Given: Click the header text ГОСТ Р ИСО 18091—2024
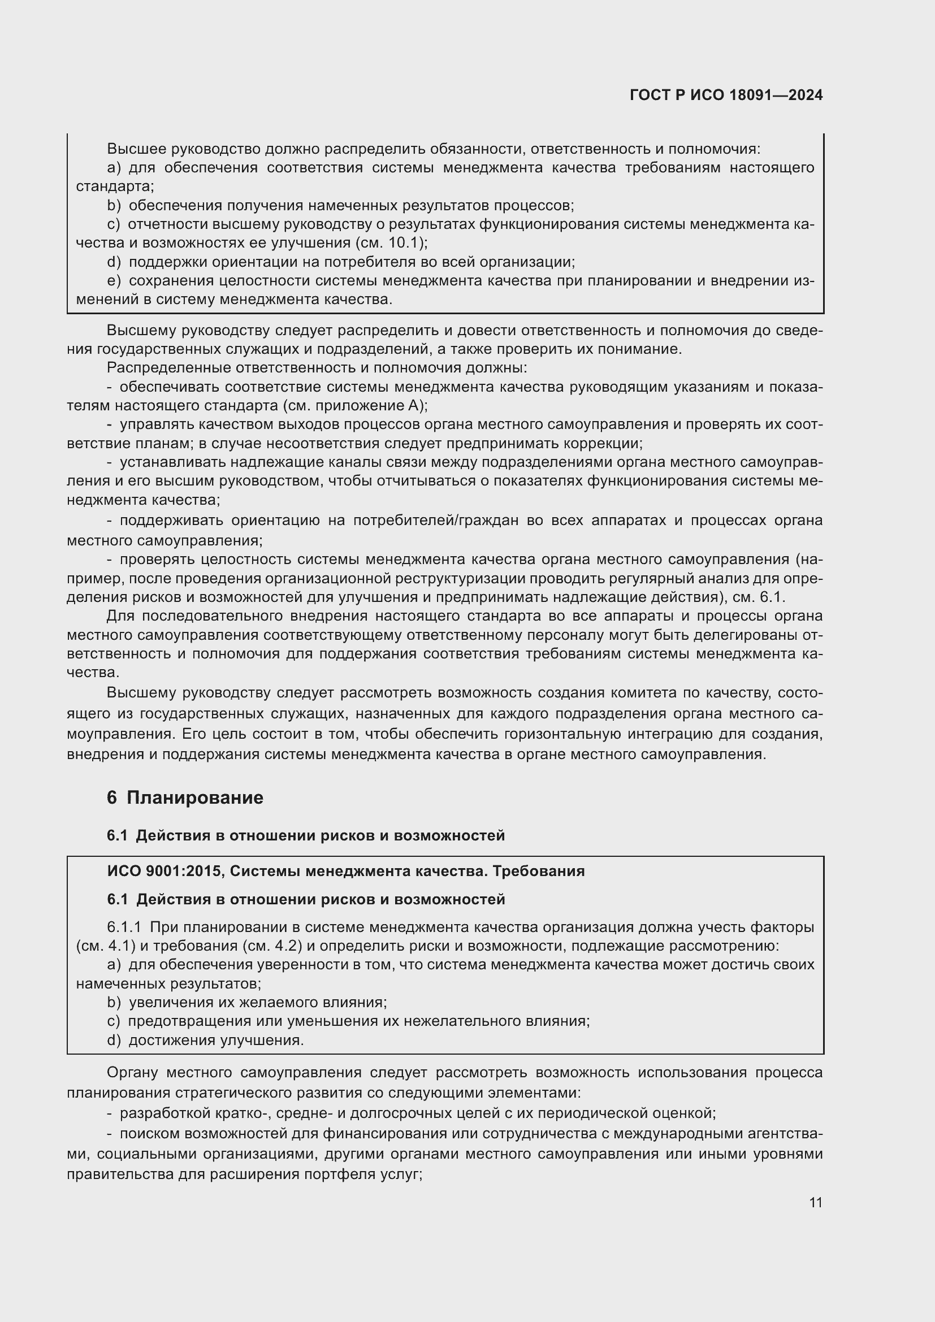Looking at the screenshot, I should [726, 95].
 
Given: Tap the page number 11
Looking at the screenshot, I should [815, 1202].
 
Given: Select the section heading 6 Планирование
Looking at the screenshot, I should [185, 797].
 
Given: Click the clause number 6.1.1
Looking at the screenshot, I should [124, 927].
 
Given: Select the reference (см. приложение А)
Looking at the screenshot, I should [355, 405].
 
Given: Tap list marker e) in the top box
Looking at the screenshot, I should [114, 280].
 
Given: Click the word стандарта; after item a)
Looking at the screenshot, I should [115, 187].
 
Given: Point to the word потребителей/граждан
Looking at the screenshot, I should [435, 521].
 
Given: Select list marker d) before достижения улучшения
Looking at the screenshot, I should [114, 1041].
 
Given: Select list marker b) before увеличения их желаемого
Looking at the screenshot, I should [114, 1003].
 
